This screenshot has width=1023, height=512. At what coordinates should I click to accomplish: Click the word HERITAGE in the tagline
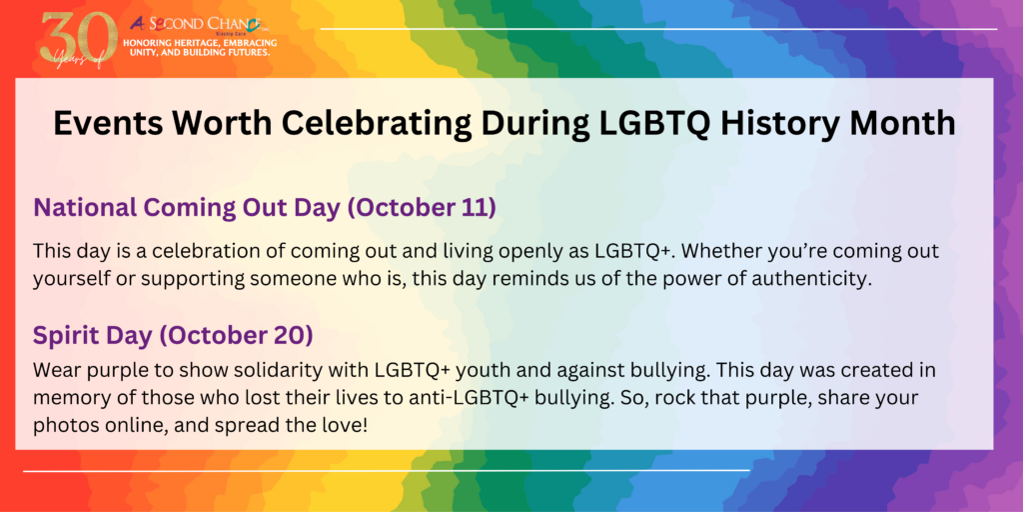(201, 42)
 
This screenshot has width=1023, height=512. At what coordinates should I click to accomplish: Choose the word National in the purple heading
(85, 208)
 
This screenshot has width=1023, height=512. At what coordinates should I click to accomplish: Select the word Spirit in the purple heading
(65, 336)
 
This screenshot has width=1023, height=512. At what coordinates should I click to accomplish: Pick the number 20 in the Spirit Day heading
(288, 336)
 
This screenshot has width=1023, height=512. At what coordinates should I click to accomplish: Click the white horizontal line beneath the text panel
(387, 470)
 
